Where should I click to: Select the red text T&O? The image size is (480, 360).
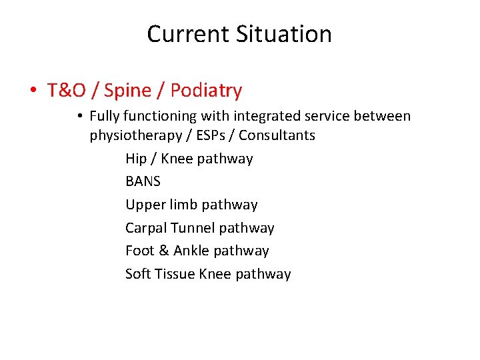(65, 90)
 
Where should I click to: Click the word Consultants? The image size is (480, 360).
(277, 135)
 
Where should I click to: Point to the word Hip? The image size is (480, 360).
(136, 159)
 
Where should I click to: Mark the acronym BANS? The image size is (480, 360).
(143, 181)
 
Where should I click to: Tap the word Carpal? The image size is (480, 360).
(146, 228)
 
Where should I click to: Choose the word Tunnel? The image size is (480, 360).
(193, 228)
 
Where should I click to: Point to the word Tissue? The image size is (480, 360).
(175, 274)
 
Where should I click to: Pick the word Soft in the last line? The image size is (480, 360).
(138, 274)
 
